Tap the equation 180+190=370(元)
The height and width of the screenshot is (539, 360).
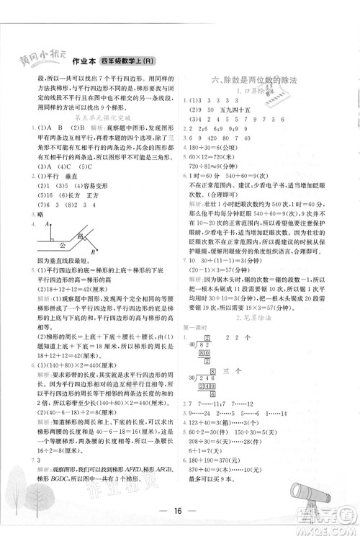(x=219, y=442)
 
